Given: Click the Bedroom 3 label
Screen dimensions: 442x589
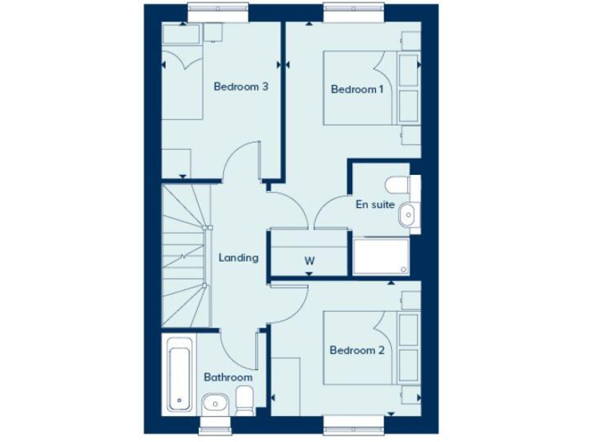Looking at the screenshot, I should [x=241, y=87].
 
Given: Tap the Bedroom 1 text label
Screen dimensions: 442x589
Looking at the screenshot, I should [x=357, y=90].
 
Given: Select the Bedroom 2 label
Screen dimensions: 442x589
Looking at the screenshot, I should [x=356, y=351].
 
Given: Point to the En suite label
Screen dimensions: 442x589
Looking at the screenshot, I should [x=374, y=205].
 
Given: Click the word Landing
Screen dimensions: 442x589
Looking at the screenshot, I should [x=238, y=258].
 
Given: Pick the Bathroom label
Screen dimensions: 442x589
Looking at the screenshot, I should [x=228, y=378].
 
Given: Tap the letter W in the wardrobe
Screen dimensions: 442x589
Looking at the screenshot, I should [x=309, y=260].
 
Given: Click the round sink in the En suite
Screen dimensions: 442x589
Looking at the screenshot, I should [x=407, y=216].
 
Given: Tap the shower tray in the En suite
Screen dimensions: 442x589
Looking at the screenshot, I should [x=382, y=256].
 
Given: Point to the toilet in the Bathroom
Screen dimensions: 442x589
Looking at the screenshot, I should [x=245, y=400].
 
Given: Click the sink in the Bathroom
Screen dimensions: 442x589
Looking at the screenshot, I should [x=214, y=403].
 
